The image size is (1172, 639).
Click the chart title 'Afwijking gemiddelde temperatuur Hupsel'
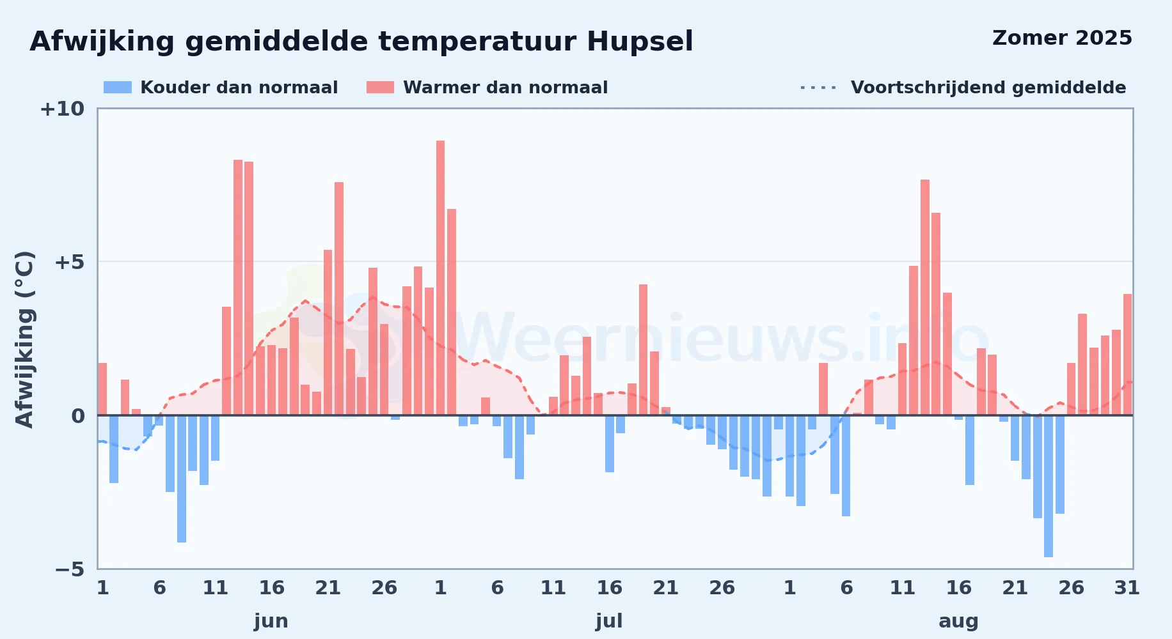point(361,42)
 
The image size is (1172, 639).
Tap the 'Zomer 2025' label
point(1062,38)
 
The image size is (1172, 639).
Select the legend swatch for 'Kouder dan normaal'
point(118,88)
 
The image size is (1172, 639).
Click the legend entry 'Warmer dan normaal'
point(487,88)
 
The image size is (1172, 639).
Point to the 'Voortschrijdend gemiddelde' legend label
point(988,88)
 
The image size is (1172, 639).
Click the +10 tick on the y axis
point(62,109)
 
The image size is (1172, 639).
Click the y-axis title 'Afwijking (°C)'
point(24,339)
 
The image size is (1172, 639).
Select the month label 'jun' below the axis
point(271,621)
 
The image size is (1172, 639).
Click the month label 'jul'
point(609,621)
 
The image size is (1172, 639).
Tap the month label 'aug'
point(958,621)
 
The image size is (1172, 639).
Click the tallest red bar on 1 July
point(440,278)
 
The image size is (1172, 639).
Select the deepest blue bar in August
point(1049,486)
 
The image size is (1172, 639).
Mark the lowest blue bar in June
point(182,479)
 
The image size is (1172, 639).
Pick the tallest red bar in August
point(925,297)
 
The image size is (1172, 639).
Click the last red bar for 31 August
point(1128,355)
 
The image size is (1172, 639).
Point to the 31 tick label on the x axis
point(1127,588)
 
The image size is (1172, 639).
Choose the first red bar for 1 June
point(102,389)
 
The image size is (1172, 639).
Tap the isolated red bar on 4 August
point(823,389)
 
